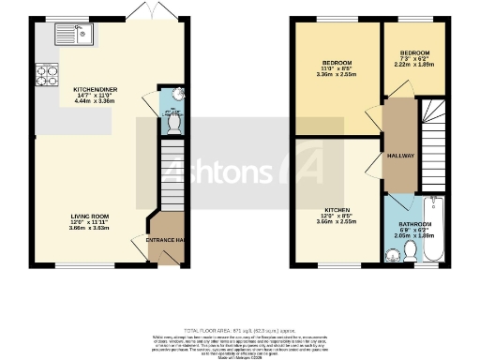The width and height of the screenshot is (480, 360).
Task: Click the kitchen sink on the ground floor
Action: pos(45,37)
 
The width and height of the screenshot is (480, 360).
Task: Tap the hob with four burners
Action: pos(44,71)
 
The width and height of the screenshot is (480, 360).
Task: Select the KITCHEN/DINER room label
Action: pos(93,89)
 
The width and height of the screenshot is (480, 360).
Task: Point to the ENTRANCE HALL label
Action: pos(164,241)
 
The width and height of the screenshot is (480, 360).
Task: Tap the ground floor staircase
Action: pos(172,173)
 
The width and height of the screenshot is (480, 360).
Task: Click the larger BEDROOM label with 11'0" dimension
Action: pos(337,63)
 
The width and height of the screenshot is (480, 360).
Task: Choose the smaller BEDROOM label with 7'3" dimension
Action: pos(414,52)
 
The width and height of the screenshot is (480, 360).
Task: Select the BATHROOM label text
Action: pos(416,225)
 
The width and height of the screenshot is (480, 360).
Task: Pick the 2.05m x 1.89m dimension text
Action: pos(416,238)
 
